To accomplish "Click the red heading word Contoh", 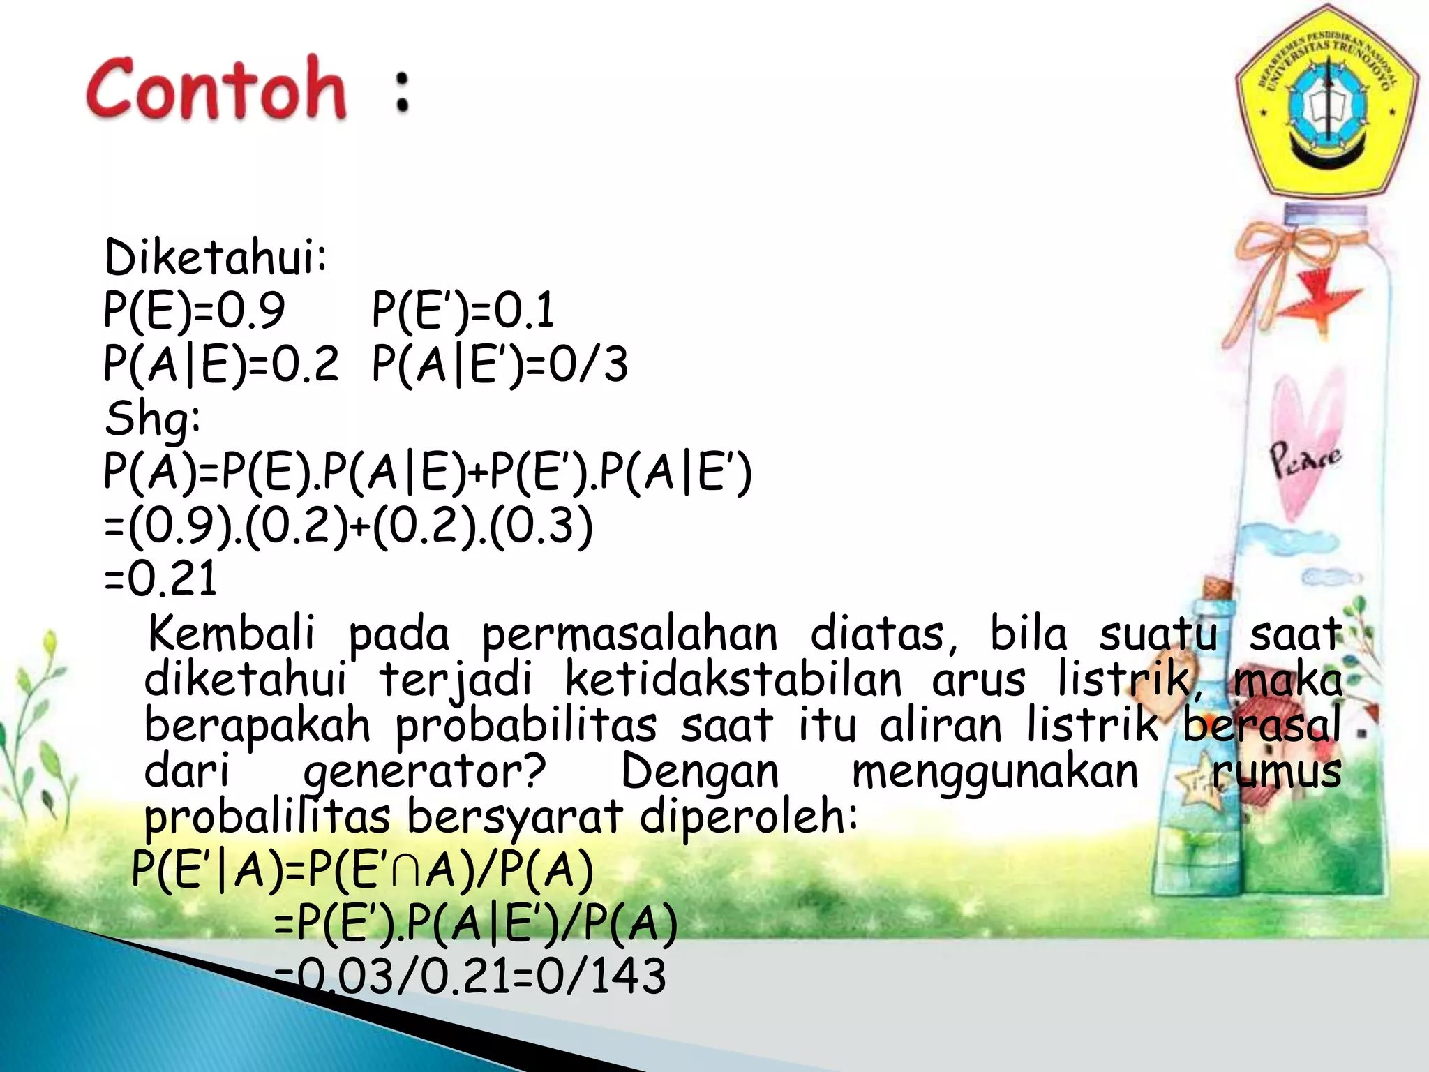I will click(x=216, y=89).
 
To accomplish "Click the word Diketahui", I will click(x=215, y=257).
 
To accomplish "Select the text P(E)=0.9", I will click(x=194, y=310).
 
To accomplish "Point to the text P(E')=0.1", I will click(x=463, y=310).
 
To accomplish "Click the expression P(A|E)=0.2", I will click(x=220, y=364).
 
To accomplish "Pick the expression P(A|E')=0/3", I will click(x=500, y=364).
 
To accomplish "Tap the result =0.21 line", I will click(x=160, y=579).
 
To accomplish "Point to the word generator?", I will click(x=424, y=772).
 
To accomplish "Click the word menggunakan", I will click(x=995, y=772).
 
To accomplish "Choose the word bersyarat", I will click(x=515, y=817).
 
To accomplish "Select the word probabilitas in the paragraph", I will click(x=526, y=726).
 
